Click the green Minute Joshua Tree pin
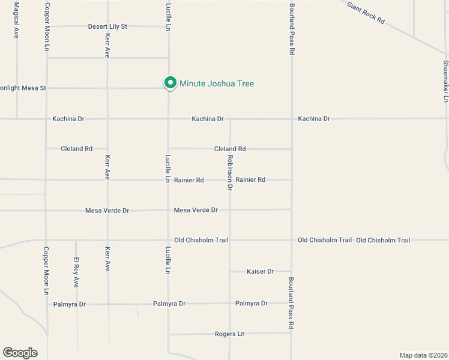coord(170,83)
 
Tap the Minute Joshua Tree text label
coord(217,83)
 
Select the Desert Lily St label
coord(107,26)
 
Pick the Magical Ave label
coord(17,20)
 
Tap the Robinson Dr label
coord(229,172)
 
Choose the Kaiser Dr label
coord(260,272)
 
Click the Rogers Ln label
coord(230,334)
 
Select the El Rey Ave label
coord(76,272)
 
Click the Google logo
coord(20,352)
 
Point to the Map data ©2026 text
coord(423,355)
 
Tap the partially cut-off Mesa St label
coord(23,88)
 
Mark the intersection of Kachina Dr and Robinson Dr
coord(230,119)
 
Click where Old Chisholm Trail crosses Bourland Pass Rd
coord(291,240)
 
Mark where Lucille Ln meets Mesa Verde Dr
coord(168,210)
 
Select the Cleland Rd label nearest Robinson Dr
coord(230,149)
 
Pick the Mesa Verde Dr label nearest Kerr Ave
coord(107,211)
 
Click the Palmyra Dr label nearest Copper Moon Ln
coord(69,304)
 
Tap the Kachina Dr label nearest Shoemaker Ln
coord(314,119)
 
